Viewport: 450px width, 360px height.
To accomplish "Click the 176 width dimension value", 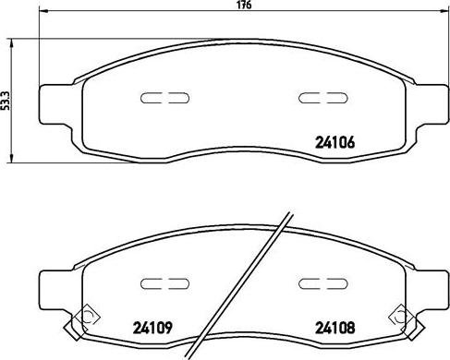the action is point(245,5).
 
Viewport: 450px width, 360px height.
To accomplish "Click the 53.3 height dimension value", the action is point(6,101).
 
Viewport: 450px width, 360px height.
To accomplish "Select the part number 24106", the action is point(334,142).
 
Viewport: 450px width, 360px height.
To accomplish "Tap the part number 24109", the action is point(152,328).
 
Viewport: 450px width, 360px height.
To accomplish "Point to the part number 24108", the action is point(334,328).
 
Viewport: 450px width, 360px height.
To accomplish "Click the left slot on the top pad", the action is point(164,98).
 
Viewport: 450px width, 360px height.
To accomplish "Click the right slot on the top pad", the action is point(322,98).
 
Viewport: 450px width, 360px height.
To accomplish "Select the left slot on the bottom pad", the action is point(164,283).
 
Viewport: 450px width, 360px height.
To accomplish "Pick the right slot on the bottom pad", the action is point(322,283).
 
